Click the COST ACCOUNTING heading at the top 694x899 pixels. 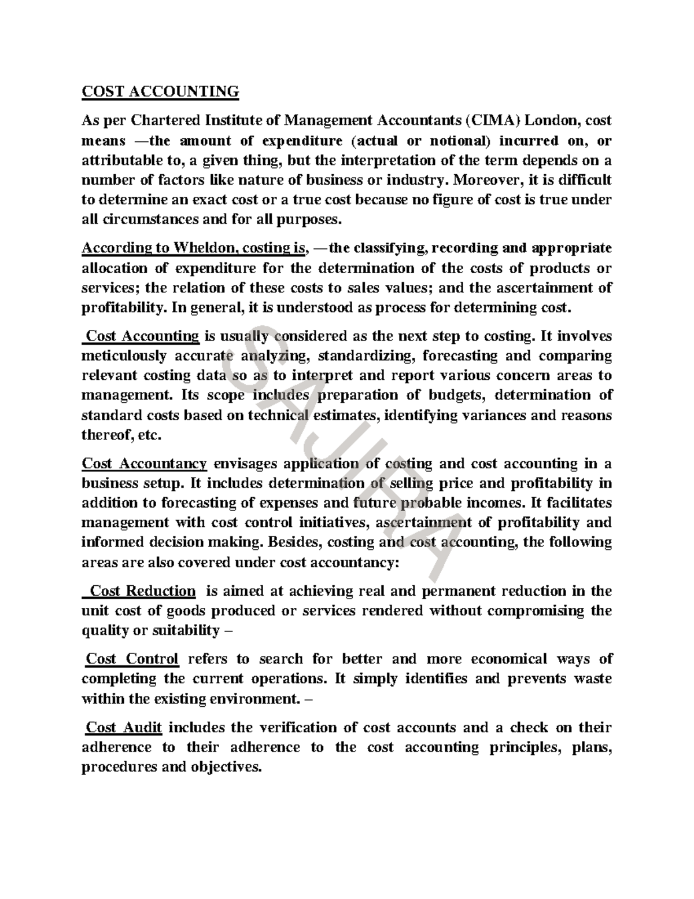160,91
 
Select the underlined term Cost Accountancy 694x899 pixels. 145,464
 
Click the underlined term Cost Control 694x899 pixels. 132,659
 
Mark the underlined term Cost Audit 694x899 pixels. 124,727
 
